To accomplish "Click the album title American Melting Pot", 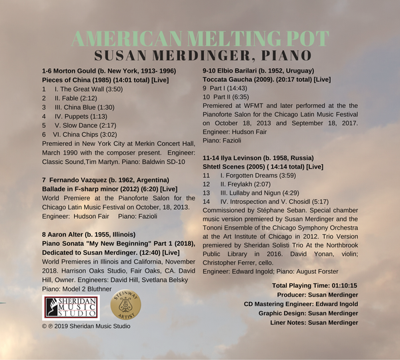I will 199,37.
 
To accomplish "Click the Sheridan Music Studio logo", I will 71,308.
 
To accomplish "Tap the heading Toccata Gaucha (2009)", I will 240,79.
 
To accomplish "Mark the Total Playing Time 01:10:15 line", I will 315,285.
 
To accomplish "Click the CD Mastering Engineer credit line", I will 301,304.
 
